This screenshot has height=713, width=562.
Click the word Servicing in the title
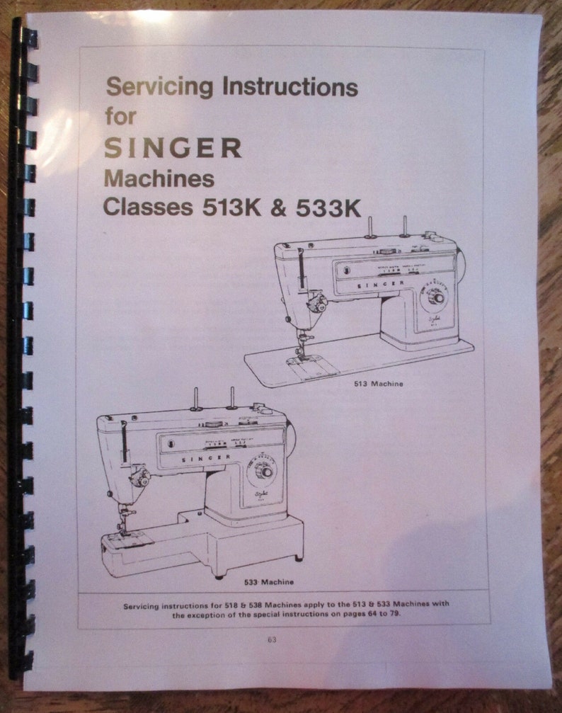160,88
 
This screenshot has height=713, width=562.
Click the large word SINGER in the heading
173,148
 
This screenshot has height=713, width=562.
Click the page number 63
273,640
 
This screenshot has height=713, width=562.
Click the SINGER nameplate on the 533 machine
210,459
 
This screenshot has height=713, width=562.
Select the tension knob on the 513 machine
318,305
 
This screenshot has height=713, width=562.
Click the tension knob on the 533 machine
140,479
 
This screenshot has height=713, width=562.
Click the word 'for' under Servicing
120,116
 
